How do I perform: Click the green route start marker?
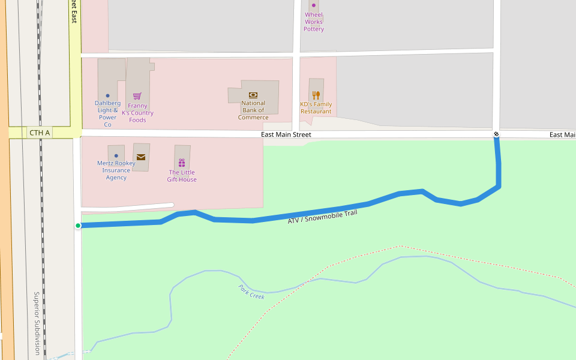click(x=78, y=226)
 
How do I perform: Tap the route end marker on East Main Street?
click(x=496, y=134)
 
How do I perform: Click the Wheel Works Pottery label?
click(x=314, y=22)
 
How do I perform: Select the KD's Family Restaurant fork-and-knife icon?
click(x=316, y=95)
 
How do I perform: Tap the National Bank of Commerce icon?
click(x=253, y=95)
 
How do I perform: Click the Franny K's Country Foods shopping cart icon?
click(x=137, y=96)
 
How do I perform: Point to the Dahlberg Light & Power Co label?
click(x=107, y=113)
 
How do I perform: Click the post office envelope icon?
click(x=141, y=157)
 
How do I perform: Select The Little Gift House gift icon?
click(x=182, y=163)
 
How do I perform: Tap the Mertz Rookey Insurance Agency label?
click(x=116, y=170)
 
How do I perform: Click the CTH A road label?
click(x=40, y=133)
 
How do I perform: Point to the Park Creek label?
click(x=251, y=292)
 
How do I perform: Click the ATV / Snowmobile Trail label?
click(x=322, y=217)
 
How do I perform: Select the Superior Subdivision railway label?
click(x=37, y=323)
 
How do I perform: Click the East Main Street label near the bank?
click(x=286, y=134)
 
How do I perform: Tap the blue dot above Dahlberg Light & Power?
click(x=108, y=95)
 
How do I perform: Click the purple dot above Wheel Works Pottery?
click(x=313, y=5)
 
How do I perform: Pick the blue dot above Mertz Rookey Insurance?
click(x=116, y=155)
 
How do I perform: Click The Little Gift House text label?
click(x=182, y=176)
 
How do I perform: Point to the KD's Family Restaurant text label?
click(x=316, y=108)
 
